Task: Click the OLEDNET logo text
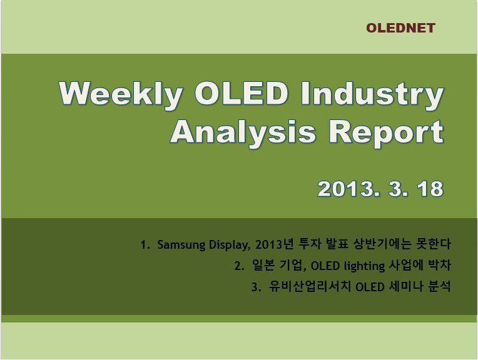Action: [400, 28]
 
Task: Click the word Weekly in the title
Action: [121, 95]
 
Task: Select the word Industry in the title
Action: [372, 94]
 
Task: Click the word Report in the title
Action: [386, 132]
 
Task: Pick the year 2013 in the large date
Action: [347, 189]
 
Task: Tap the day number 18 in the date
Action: [430, 189]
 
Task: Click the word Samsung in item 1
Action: [181, 245]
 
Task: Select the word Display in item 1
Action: [230, 245]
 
